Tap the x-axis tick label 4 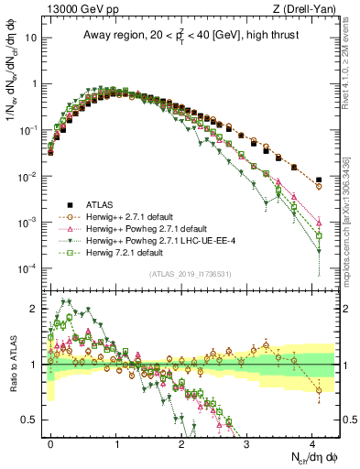[x=311, y=442]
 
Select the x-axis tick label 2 [x=181, y=442]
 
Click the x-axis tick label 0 [x=51, y=442]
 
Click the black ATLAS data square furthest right [x=318, y=180]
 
